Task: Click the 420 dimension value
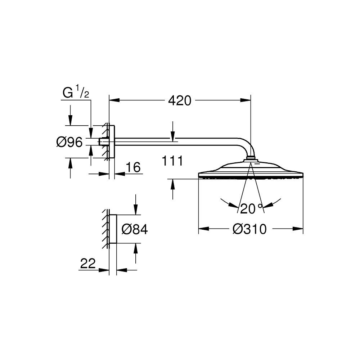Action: pos(180,100)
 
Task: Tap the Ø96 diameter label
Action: pos(69,142)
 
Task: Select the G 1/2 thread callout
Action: pos(76,91)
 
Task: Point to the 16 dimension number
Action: pos(133,167)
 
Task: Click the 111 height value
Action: pos(172,161)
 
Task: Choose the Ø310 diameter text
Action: pos(249,229)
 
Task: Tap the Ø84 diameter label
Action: pos(135,229)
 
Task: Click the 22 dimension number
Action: pos(88,263)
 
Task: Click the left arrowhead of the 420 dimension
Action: pos(114,100)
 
